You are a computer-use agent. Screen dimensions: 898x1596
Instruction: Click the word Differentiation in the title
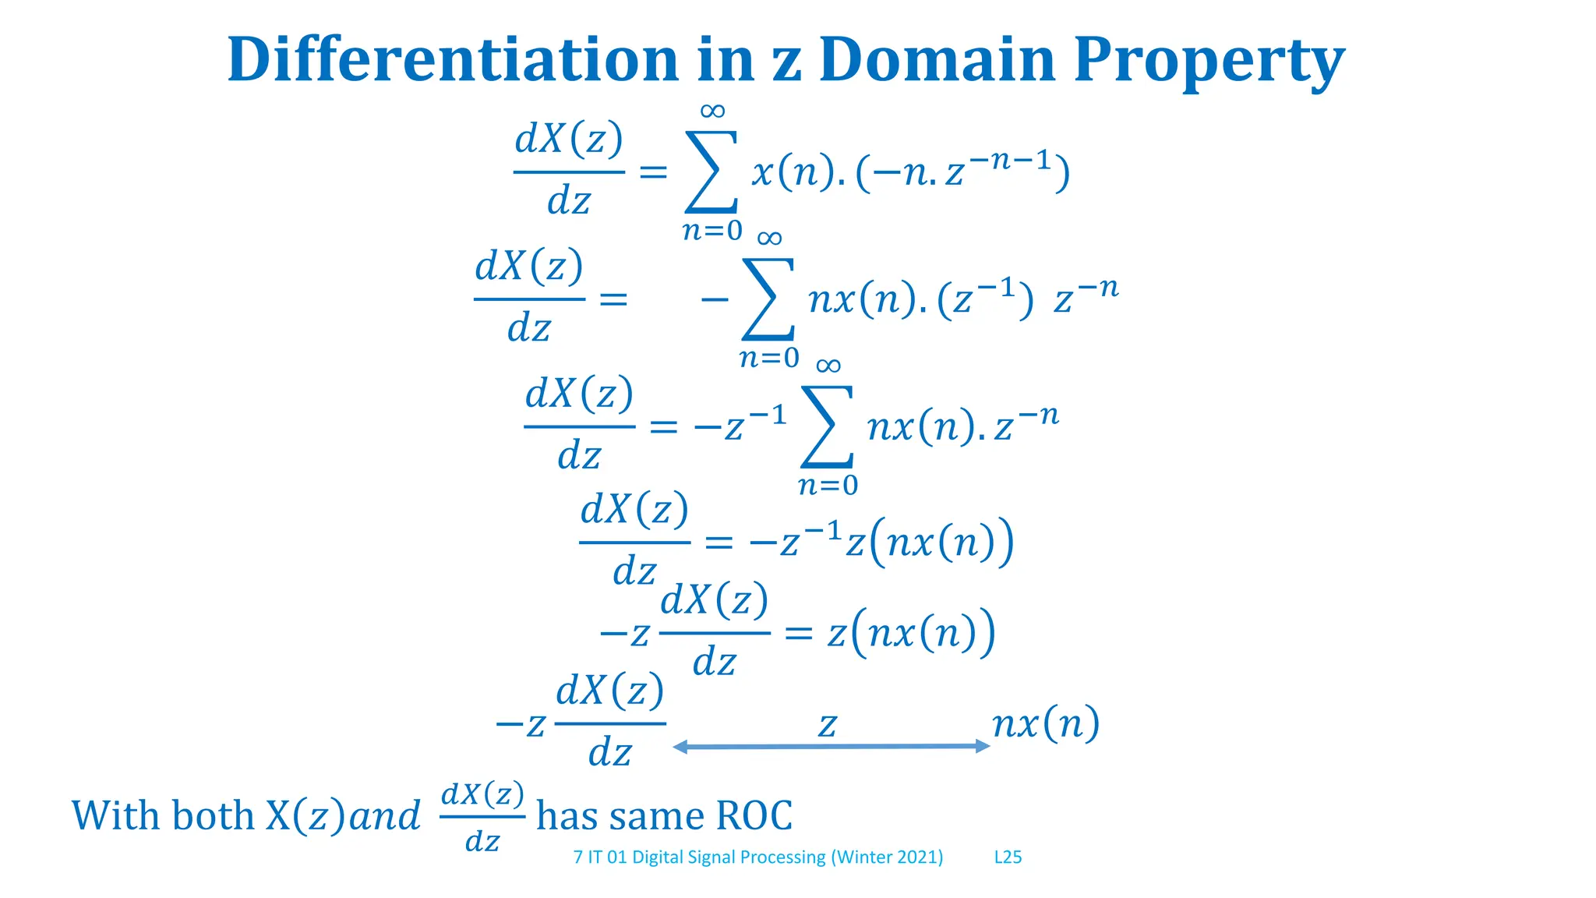tap(452, 59)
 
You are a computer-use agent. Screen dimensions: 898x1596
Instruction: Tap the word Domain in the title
tap(937, 59)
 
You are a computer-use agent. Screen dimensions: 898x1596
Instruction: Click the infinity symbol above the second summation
tap(769, 238)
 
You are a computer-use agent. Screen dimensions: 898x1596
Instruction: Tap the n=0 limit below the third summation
tap(828, 486)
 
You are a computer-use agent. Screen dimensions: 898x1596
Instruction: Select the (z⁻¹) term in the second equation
tap(985, 299)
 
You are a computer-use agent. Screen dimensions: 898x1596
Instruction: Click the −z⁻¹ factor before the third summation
tap(740, 425)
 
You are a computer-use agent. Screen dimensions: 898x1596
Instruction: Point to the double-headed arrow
tap(831, 747)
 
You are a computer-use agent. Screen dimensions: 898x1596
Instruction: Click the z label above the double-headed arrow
tap(828, 725)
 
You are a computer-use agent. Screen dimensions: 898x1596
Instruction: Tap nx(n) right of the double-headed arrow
tap(1046, 723)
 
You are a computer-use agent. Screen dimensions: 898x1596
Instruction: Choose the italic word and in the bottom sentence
tap(384, 816)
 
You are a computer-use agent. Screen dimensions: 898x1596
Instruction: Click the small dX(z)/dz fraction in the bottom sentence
tap(482, 817)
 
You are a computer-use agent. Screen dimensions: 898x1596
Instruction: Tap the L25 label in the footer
tap(1008, 857)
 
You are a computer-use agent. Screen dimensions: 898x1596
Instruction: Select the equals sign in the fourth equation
tap(719, 543)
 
